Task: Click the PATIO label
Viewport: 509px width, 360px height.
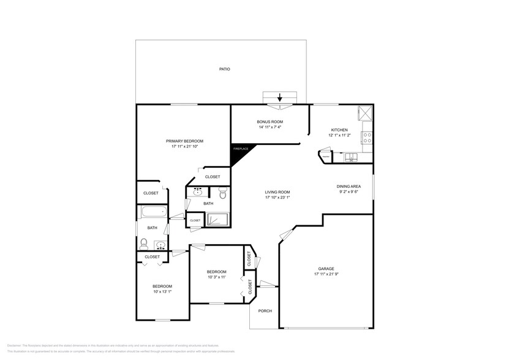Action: [225, 69]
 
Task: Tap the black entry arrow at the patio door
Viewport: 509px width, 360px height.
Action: [280, 97]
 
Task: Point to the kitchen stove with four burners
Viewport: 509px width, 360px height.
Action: [368, 138]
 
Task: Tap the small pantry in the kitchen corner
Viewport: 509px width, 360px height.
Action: [325, 157]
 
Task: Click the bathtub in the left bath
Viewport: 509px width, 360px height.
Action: [153, 213]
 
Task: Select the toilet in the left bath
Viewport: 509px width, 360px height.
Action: [144, 243]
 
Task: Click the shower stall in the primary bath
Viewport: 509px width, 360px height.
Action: [217, 220]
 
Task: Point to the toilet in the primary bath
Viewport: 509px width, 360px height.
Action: [222, 195]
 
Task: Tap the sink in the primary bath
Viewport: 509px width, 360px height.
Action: [197, 192]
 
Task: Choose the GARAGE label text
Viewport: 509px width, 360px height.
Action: [325, 268]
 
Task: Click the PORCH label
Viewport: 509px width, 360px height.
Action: [265, 310]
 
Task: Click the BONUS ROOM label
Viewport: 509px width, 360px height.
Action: [270, 122]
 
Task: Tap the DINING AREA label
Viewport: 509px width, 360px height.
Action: [348, 186]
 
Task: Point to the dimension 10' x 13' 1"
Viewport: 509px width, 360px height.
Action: [162, 292]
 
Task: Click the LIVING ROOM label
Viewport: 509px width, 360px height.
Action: [277, 192]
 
